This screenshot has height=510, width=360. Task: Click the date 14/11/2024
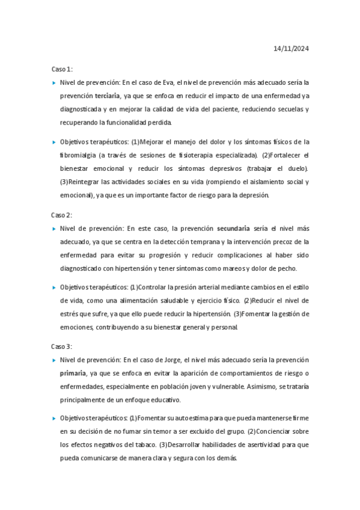291,49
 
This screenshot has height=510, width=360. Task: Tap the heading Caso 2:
61,215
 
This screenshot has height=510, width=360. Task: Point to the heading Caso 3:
61,346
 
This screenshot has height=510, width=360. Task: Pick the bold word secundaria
233,229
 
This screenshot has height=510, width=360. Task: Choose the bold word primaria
73,373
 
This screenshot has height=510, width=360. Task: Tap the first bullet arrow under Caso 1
54,82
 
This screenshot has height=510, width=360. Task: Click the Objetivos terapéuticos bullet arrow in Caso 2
54,287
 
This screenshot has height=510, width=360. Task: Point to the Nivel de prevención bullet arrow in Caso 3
54,360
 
